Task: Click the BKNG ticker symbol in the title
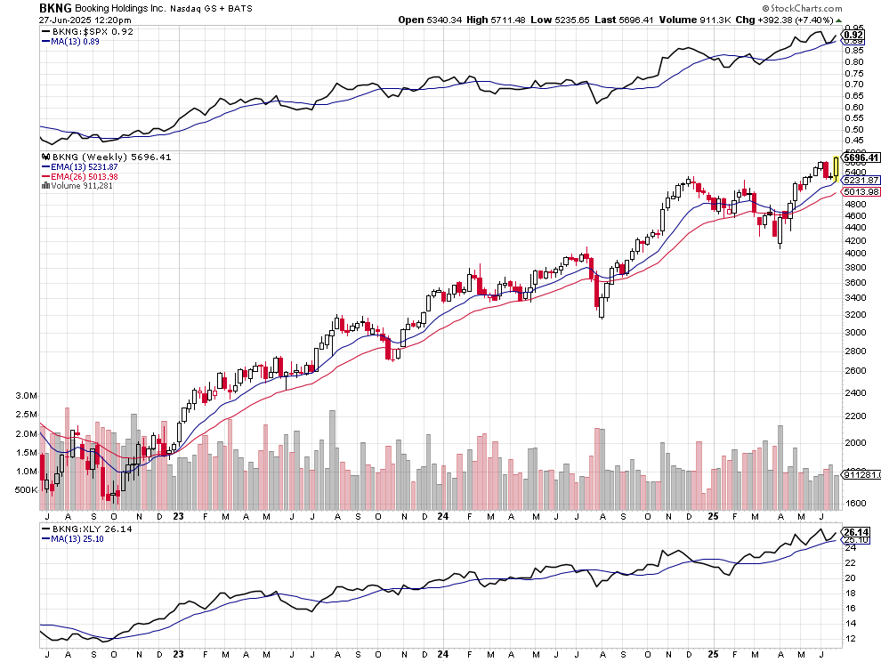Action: coord(55,7)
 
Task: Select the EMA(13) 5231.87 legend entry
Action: coord(79,166)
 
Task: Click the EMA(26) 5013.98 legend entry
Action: coord(79,176)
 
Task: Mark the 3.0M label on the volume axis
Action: coord(25,395)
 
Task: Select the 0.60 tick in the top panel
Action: coord(854,107)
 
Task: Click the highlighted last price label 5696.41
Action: coord(861,157)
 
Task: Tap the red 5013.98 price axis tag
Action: coord(861,191)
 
